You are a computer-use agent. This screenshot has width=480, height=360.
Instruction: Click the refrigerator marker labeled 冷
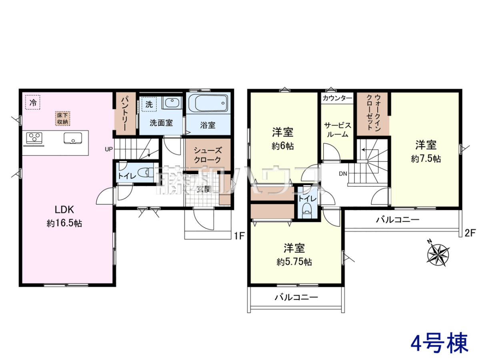pyautogui.click(x=33, y=102)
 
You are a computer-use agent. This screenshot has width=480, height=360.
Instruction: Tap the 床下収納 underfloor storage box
pyautogui.click(x=62, y=118)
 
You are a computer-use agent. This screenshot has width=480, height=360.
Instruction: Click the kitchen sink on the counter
pyautogui.click(x=73, y=138)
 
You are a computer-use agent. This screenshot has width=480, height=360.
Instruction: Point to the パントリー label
pyautogui.click(x=124, y=114)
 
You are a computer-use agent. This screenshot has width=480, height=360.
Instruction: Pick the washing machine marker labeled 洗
pyautogui.click(x=149, y=104)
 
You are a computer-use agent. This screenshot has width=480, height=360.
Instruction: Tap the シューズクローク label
pyautogui.click(x=208, y=155)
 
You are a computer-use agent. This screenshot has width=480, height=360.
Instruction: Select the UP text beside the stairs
pyautogui.click(x=109, y=149)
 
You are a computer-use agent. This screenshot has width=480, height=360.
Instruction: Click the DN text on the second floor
pyautogui.click(x=343, y=174)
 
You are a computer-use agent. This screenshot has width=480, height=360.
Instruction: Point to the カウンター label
pyautogui.click(x=337, y=98)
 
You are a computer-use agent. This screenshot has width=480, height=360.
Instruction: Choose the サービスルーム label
pyautogui.click(x=338, y=130)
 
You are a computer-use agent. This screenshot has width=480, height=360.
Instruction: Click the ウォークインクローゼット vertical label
pyautogui.click(x=374, y=113)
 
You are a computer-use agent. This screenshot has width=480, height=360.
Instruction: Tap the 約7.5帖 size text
pyautogui.click(x=426, y=159)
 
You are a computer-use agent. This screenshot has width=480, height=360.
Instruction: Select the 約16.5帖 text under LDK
pyautogui.click(x=64, y=224)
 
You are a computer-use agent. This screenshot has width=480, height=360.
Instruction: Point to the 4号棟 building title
pyautogui.click(x=440, y=342)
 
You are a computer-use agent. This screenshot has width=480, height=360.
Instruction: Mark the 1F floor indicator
pyautogui.click(x=239, y=236)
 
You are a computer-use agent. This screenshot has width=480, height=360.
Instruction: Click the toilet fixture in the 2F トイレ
pyautogui.click(x=307, y=211)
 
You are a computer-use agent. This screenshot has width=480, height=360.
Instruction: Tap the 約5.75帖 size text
pyautogui.click(x=294, y=262)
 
